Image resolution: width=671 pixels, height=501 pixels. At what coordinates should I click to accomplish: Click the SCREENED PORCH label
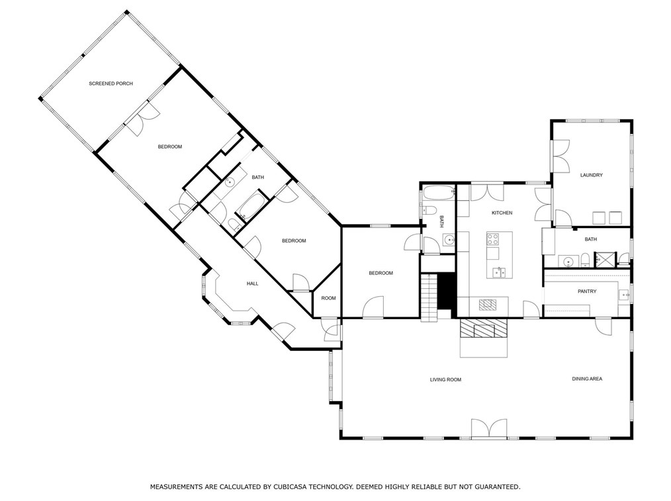111,83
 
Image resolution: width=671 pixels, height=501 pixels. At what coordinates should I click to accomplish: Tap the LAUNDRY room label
591,175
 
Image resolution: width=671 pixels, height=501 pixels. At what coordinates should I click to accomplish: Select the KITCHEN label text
502,213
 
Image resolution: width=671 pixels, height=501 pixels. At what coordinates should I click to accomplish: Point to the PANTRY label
586,291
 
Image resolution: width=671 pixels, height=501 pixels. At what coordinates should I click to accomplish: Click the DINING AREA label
587,379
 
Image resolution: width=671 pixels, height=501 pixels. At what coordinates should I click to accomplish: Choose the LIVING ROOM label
445,379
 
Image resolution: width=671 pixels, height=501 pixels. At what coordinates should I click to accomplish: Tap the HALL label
252,284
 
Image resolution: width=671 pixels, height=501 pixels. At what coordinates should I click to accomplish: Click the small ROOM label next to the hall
328,298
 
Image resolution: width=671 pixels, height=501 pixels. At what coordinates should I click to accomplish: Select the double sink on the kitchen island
499,272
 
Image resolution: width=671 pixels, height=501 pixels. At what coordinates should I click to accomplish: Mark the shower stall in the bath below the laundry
605,259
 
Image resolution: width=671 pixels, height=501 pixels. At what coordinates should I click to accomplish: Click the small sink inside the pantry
623,295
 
